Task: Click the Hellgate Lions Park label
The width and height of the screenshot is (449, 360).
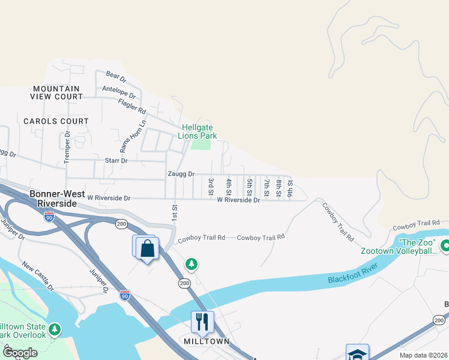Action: (x=196, y=131)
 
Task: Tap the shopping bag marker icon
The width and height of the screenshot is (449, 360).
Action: (x=147, y=248)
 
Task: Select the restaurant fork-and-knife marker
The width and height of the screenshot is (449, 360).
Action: (x=202, y=322)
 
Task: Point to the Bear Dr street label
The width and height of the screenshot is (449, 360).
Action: (x=116, y=76)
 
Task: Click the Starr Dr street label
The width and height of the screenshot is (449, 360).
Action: (x=116, y=161)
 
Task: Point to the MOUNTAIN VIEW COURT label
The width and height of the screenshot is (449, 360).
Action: (x=58, y=92)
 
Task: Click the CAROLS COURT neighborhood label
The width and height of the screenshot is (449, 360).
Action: (x=56, y=121)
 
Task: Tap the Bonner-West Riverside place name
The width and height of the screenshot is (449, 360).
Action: (x=53, y=199)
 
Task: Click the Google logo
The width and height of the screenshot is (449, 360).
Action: (x=20, y=353)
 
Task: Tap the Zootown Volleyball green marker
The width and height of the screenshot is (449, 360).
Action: (x=446, y=245)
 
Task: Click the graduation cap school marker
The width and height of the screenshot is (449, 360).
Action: (x=357, y=354)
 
